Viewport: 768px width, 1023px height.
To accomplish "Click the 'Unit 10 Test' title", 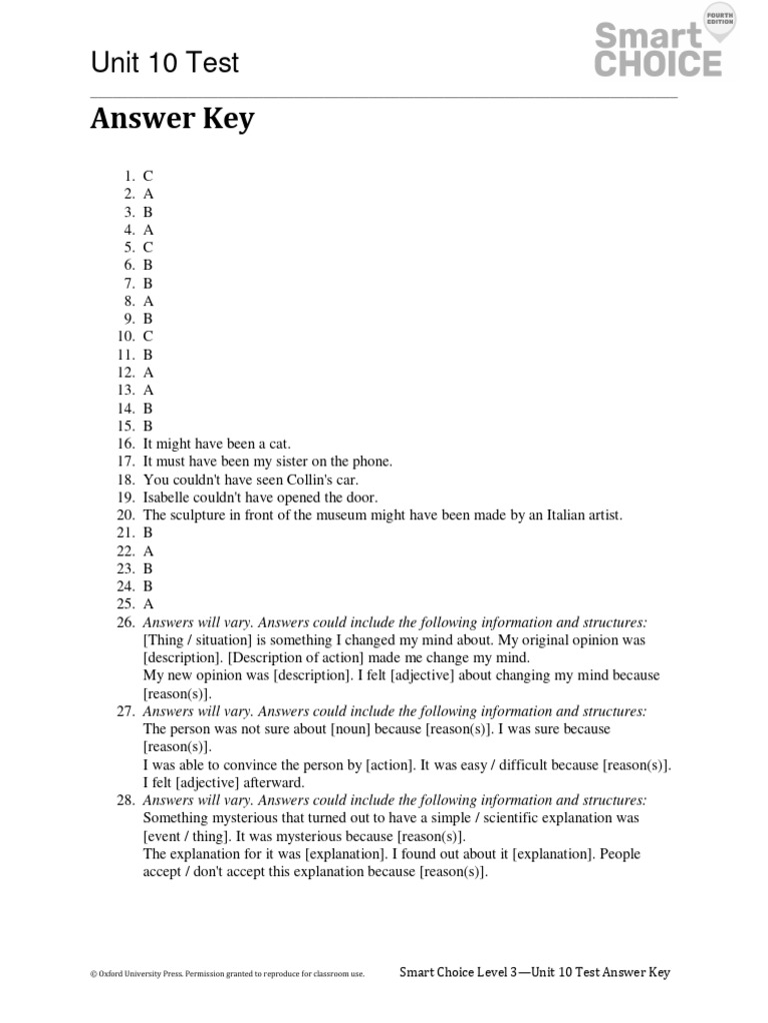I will point(165,63).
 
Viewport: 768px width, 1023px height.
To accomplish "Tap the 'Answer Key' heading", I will point(172,119).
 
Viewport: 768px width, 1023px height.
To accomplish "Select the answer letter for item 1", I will point(148,176).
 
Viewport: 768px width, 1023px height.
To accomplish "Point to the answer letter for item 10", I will point(148,337).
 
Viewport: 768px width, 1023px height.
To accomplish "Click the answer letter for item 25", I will point(148,604).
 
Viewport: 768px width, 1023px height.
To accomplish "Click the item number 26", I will point(125,622).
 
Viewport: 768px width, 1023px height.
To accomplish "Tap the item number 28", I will point(125,800).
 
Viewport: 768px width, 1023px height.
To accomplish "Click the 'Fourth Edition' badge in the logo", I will point(719,20).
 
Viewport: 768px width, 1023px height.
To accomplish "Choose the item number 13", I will point(125,391).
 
